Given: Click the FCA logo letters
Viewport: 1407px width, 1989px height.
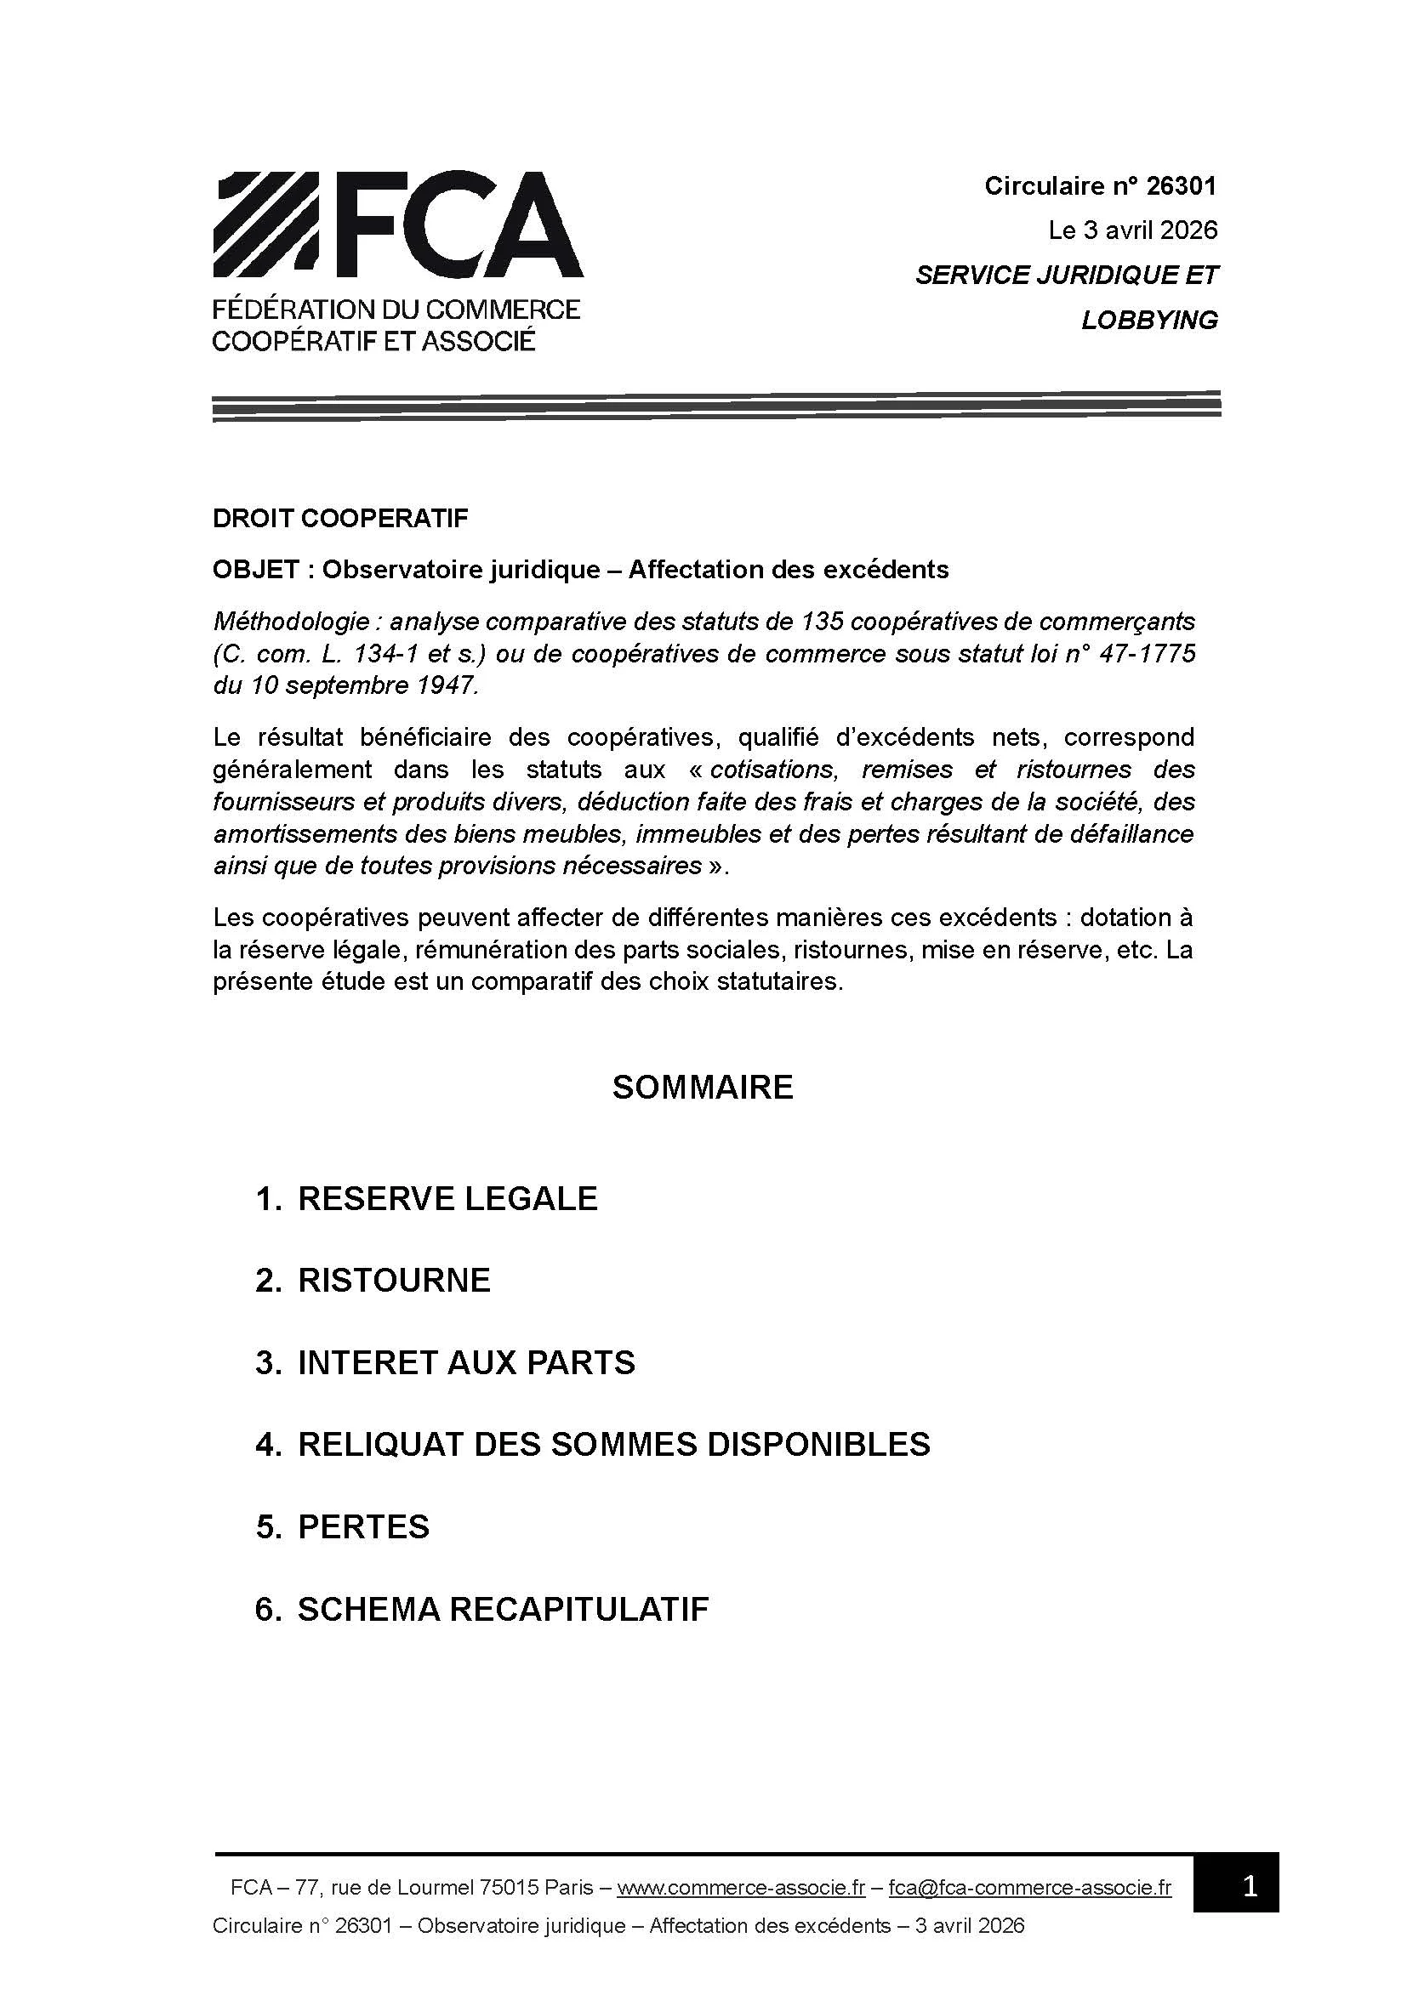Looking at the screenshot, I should coord(455,225).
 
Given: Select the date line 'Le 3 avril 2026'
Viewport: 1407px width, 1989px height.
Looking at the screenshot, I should coord(1132,230).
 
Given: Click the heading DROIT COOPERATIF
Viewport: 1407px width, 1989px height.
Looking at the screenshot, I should coord(339,518).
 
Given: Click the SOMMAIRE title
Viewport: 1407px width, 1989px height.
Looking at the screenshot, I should coord(703,1088).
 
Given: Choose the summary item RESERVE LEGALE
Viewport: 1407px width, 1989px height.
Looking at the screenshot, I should coord(447,1199).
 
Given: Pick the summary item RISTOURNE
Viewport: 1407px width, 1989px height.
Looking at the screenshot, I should coord(394,1281).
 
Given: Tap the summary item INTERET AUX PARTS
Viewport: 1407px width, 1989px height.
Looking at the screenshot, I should coord(466,1362).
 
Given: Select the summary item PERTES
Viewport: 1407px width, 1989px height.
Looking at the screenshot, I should coord(364,1526).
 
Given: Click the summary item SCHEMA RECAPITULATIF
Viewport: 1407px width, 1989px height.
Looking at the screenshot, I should coord(504,1609).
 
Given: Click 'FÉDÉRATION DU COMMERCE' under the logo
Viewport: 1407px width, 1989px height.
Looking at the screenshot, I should coord(396,310).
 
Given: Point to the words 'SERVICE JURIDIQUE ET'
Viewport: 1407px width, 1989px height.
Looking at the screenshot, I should coord(1067,276).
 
